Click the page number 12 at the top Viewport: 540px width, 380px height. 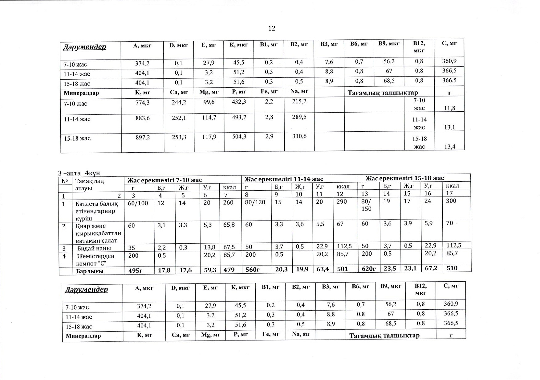[x=272, y=28]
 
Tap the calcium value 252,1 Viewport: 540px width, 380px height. [x=179, y=118]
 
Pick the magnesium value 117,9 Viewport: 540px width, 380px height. [x=209, y=137]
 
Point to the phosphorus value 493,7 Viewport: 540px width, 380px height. [x=239, y=118]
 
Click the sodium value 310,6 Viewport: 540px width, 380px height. [x=299, y=136]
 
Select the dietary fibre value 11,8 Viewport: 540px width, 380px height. [x=449, y=108]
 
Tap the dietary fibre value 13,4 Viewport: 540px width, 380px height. [x=449, y=147]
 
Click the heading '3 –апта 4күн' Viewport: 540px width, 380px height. [x=79, y=173]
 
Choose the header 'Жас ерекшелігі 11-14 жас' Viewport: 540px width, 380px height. [x=283, y=179]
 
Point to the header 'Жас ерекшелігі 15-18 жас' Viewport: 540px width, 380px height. [x=404, y=178]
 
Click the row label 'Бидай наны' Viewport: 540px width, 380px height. [x=94, y=248]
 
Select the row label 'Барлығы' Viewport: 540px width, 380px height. [x=90, y=271]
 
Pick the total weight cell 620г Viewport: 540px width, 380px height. [x=368, y=269]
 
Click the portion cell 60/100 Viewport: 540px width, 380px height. [x=138, y=203]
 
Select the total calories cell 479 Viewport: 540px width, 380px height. [x=229, y=270]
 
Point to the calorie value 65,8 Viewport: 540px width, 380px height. [x=229, y=225]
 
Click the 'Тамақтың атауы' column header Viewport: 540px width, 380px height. [x=90, y=184]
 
